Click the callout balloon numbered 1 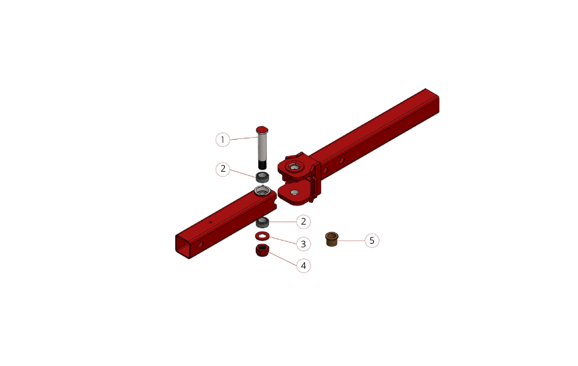tap(223, 140)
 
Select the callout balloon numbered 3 tap(303, 244)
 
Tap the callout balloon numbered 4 tap(303, 265)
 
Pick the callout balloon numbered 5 tap(372, 241)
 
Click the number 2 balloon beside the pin tap(223, 169)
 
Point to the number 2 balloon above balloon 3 tap(303, 221)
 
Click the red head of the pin tap(262, 130)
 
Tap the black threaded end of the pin tap(262, 164)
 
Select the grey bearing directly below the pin tap(262, 177)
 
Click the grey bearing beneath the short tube tap(263, 222)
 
